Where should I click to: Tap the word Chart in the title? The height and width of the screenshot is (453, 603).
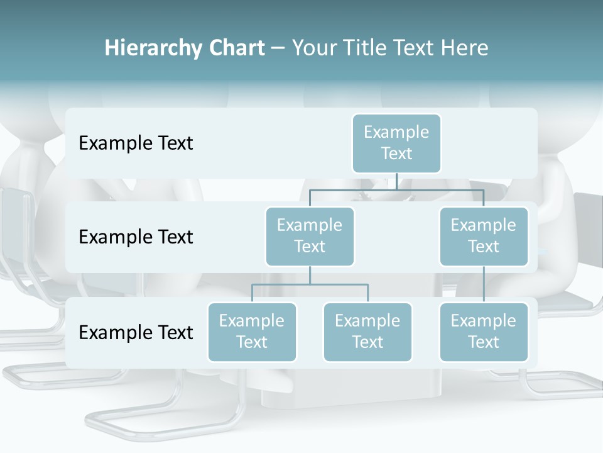coord(236,48)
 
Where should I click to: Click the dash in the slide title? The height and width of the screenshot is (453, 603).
coord(278,49)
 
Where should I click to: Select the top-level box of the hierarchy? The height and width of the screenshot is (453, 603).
coord(396,143)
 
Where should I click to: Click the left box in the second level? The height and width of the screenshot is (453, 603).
coord(310,236)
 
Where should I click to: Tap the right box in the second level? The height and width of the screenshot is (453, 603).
coord(484,236)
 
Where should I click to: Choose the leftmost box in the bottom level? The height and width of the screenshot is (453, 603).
coord(252,332)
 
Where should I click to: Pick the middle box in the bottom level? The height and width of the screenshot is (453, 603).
coord(367,332)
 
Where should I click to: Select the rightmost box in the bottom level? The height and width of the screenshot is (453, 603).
coord(484,332)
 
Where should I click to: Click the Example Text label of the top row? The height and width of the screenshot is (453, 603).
coord(136,143)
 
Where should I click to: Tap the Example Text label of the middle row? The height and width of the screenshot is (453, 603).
coord(136,237)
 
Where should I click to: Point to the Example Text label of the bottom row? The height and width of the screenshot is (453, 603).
coord(136,332)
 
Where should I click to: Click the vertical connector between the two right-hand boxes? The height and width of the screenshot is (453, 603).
coord(484,284)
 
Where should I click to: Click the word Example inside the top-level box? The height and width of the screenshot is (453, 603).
coord(396,132)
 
